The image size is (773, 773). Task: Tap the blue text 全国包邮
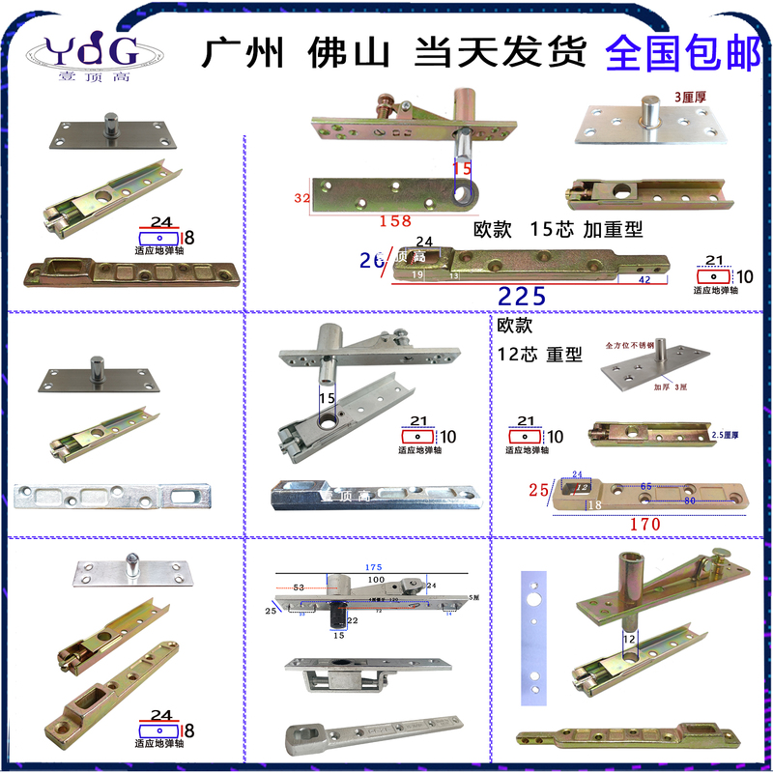pos(682,53)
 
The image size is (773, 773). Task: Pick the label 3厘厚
pos(691,98)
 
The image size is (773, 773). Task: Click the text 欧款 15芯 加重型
pos(558,230)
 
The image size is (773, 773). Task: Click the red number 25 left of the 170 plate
pos(535,491)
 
